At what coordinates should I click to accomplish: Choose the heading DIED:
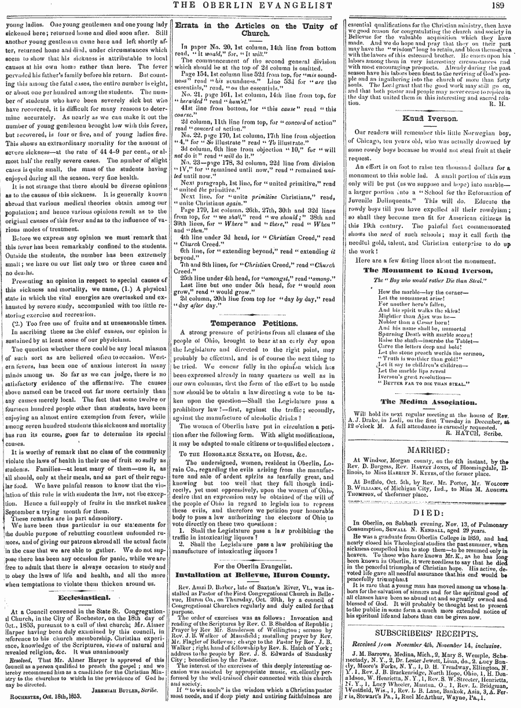(x=429, y=496)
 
